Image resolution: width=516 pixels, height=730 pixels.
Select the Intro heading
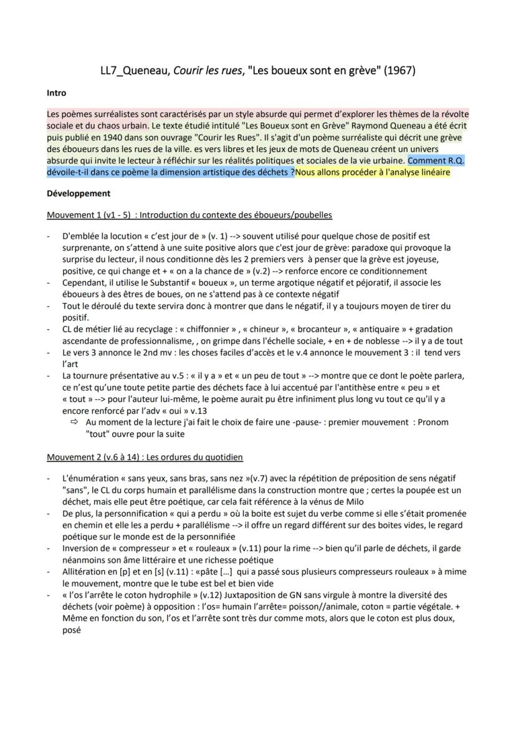click(x=57, y=93)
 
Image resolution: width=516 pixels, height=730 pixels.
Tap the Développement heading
click(x=79, y=193)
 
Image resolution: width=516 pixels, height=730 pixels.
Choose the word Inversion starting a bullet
click(x=81, y=549)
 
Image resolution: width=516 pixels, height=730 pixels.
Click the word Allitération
click(x=85, y=572)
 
